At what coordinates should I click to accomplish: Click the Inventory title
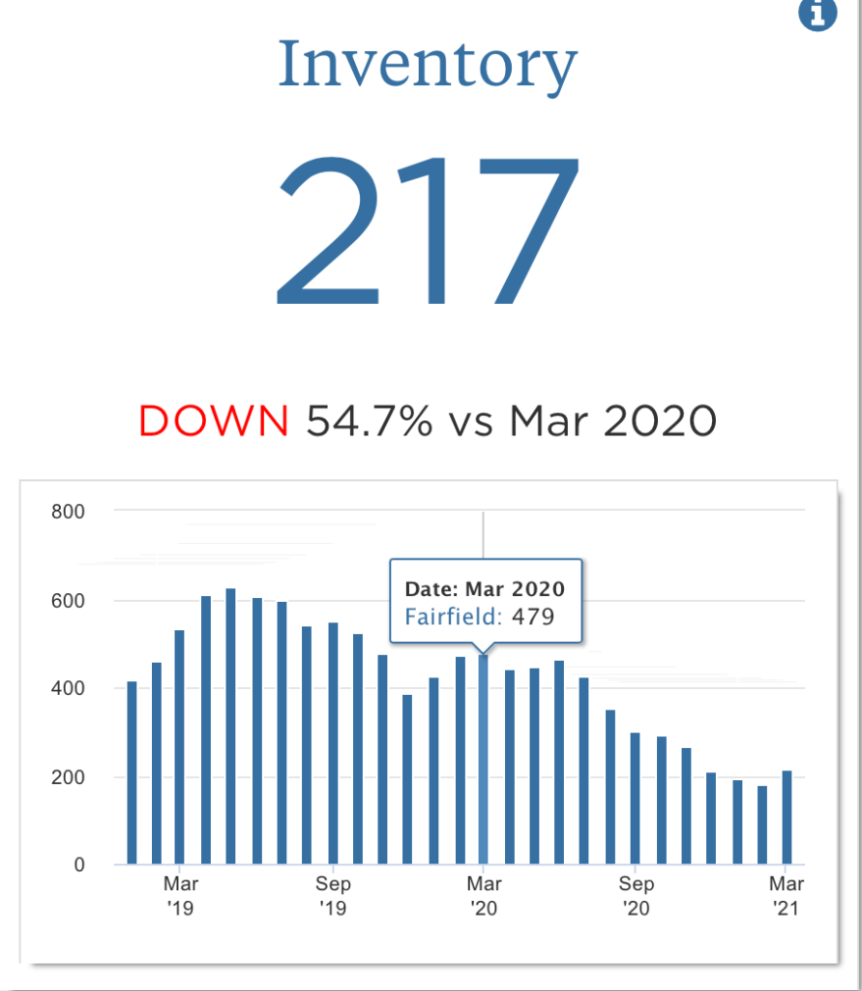(x=428, y=65)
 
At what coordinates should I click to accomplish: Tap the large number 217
(x=428, y=229)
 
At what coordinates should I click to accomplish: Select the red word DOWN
(x=214, y=421)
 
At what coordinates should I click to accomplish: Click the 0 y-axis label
(x=79, y=864)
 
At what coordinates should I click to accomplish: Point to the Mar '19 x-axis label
(x=180, y=896)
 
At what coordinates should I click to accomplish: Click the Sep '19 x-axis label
(x=332, y=896)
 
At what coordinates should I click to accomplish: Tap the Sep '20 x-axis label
(x=636, y=896)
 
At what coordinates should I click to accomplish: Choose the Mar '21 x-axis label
(x=786, y=896)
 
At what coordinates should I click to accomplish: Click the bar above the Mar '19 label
(x=180, y=747)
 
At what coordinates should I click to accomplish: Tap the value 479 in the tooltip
(x=533, y=616)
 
